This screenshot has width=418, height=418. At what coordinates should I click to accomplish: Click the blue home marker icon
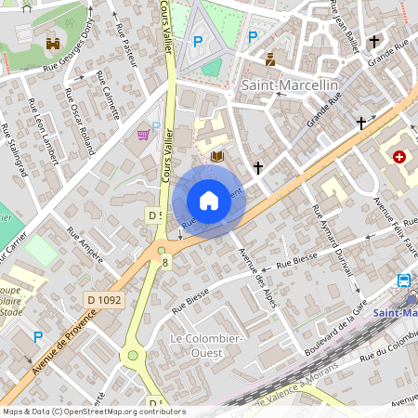[209, 201]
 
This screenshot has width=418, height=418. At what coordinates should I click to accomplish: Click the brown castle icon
[52, 43]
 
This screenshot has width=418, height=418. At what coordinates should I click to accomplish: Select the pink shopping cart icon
[142, 135]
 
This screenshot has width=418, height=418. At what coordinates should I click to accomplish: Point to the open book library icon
[218, 157]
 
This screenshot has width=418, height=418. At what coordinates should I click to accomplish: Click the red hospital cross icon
[400, 158]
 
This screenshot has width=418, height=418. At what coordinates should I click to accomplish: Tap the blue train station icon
[404, 281]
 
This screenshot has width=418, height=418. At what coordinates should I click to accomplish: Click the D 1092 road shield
[104, 299]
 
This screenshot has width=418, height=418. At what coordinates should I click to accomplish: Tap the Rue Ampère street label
[85, 244]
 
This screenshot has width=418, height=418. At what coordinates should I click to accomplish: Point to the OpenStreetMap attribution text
[93, 411]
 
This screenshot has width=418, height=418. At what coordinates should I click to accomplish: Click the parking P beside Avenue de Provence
[38, 336]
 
